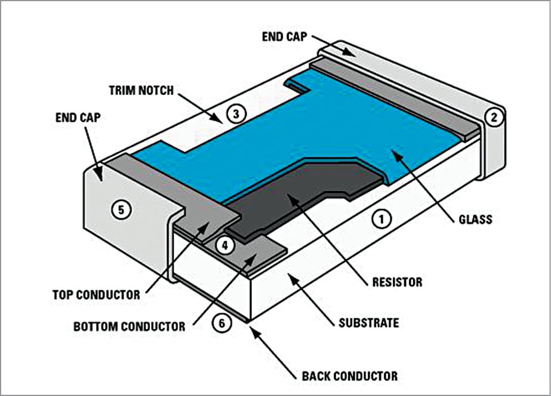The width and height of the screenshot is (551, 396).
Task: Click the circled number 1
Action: point(381,219)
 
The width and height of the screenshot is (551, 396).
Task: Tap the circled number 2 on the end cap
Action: point(493,117)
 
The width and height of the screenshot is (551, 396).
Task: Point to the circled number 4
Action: point(224,245)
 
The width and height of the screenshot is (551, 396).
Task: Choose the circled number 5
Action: point(123,210)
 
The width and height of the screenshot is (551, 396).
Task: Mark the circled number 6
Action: point(221,323)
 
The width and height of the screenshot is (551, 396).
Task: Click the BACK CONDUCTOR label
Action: point(349,376)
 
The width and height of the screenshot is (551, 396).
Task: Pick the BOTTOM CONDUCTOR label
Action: point(129,327)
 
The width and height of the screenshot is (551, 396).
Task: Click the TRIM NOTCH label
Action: point(141,91)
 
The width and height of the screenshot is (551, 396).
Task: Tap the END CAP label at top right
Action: point(285,36)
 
